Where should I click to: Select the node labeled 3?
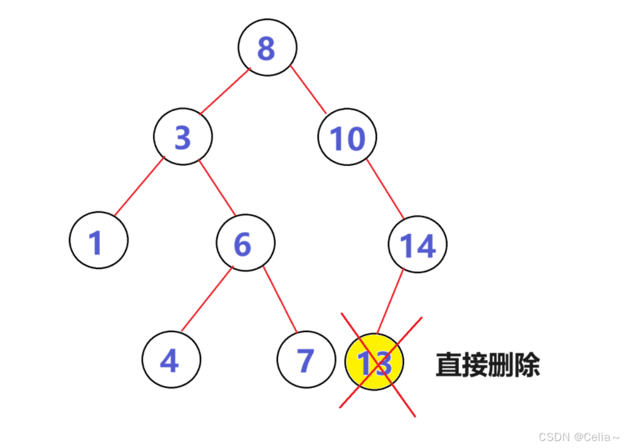(183, 137)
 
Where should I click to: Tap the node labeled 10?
(347, 138)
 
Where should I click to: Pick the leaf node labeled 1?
(99, 241)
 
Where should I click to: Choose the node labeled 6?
(245, 244)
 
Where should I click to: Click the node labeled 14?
(417, 245)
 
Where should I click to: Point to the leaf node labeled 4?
(171, 359)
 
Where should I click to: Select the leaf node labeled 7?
(305, 359)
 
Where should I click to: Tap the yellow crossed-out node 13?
(374, 363)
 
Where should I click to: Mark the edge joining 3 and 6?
(217, 189)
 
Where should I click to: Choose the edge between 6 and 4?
(206, 300)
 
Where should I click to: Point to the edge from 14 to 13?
(390, 300)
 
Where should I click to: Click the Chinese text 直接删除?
(487, 364)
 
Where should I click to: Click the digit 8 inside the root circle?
(266, 48)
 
